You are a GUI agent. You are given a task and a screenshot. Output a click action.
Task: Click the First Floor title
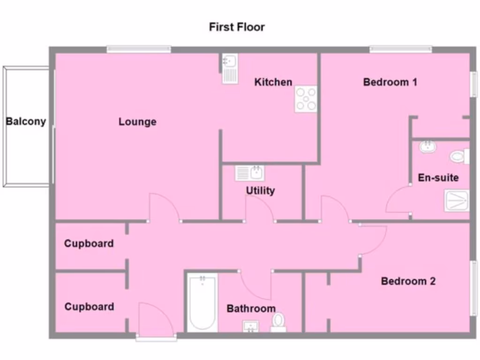[237, 27]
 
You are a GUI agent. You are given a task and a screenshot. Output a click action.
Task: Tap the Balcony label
[26, 121]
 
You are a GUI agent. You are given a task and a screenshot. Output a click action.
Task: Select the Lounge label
[137, 122]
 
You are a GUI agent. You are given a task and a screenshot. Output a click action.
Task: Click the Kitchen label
[273, 82]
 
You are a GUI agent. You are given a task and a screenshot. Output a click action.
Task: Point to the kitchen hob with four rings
[306, 99]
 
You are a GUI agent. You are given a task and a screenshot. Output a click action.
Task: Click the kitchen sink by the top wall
[230, 68]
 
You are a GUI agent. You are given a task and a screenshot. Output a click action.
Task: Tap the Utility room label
[260, 191]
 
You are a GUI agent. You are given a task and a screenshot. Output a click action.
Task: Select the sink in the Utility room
[250, 173]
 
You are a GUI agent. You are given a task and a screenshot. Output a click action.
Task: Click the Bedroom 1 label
[390, 82]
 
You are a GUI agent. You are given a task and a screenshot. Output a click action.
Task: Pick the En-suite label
[438, 178]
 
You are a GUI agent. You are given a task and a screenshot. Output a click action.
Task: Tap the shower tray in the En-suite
[457, 201]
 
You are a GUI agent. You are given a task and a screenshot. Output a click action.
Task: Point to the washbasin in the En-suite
[427, 147]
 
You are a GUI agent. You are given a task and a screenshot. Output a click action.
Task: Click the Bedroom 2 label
[408, 281]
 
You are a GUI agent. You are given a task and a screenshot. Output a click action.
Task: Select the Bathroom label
[251, 308]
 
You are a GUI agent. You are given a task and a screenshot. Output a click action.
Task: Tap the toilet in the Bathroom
[278, 322]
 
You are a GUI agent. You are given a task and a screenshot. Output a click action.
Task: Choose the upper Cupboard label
[89, 244]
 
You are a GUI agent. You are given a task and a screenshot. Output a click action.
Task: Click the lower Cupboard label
[89, 307]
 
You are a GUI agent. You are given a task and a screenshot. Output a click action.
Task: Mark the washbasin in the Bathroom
[251, 326]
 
